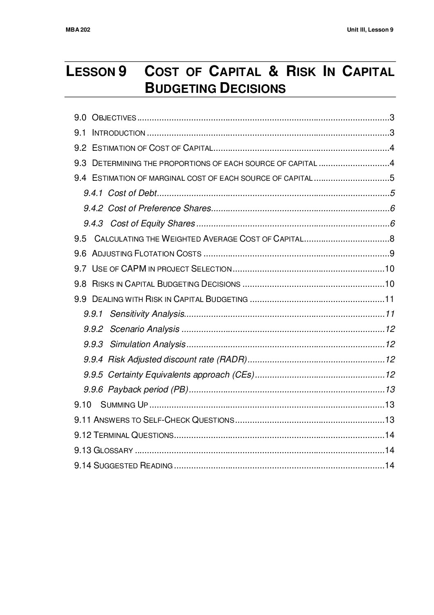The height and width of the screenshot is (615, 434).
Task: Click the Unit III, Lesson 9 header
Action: pyautogui.click(x=370, y=30)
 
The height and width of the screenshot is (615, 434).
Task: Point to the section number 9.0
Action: pyautogui.click(x=80, y=118)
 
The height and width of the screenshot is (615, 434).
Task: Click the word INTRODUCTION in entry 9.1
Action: pyautogui.click(x=119, y=133)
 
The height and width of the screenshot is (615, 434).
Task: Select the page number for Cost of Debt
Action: pyautogui.click(x=392, y=193)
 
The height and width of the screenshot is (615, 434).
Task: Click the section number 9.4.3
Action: pyautogui.click(x=95, y=223)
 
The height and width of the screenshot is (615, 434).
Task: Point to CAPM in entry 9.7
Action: pyautogui.click(x=134, y=269)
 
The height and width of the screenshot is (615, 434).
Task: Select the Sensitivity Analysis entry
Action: pyautogui.click(x=147, y=314)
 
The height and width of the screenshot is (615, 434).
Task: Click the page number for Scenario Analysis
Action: pyautogui.click(x=390, y=329)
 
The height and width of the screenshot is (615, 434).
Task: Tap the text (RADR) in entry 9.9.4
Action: pyautogui.click(x=233, y=359)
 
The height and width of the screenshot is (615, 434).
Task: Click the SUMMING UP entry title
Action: pyautogui.click(x=124, y=405)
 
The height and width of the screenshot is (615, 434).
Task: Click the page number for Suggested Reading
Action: pyautogui.click(x=390, y=465)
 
